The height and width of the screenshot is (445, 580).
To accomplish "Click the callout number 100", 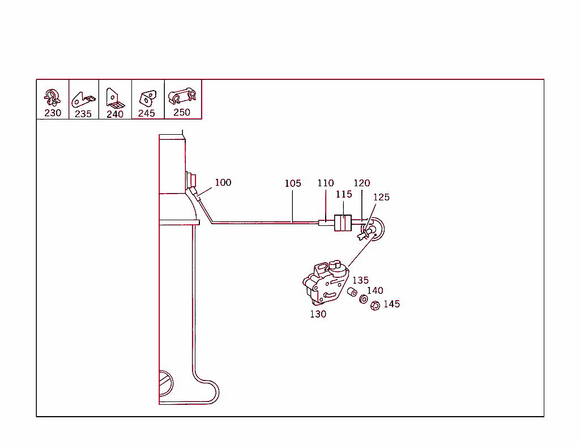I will pos(223,182).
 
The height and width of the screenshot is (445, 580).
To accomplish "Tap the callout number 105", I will pos(293,183).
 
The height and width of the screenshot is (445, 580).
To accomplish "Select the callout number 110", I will pos(326,183).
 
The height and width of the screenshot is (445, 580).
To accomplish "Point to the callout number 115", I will pos(344,194).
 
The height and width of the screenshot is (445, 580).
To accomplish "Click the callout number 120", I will pos(361,183).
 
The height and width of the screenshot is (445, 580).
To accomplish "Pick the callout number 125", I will pos(381,197).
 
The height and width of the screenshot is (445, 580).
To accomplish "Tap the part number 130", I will pos(318,314).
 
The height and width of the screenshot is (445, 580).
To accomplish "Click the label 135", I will pos(360,280).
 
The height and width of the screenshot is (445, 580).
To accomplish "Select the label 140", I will pos(375,291).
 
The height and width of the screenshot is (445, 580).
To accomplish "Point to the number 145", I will pos(391,304).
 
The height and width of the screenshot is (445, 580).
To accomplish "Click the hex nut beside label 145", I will pos(374,306).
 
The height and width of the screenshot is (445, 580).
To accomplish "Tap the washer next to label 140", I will pos(364,298).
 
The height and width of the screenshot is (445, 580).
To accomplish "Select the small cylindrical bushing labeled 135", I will pos(352,292).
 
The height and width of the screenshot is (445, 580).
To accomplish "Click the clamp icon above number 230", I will pos(52,97).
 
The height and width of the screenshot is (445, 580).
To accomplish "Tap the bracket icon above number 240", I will pos(114,97).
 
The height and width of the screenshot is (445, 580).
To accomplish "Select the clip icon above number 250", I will pos(182,95).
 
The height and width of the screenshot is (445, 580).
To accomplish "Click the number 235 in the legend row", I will pos(83,114).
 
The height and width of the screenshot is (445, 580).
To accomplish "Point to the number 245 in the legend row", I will pos(147,113).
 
